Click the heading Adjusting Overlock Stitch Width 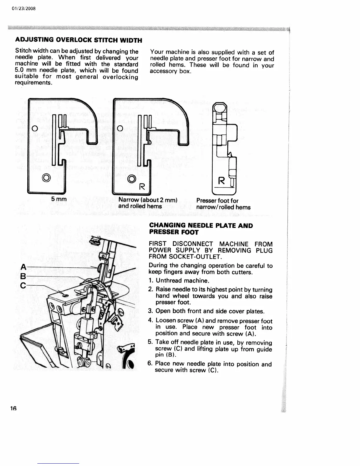coord(79,40)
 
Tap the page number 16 coord(13,408)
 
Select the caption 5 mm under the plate coord(59,199)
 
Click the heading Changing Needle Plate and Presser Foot coord(201,229)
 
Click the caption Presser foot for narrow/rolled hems coord(223,204)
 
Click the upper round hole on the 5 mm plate coord(34,129)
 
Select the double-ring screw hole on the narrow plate coord(131,178)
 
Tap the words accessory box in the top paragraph coord(171,71)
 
